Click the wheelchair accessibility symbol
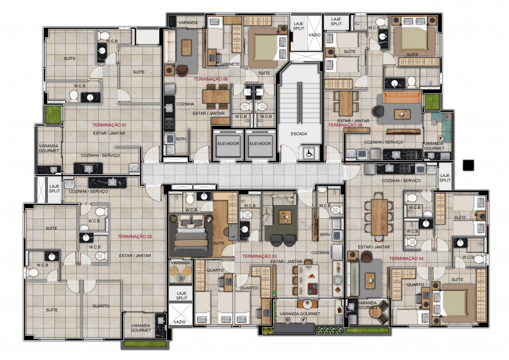309,153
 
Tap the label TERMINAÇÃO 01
109,125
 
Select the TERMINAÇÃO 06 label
211,79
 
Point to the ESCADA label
299,134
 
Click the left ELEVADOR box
228,144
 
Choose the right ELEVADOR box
260,144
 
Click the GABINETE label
230,64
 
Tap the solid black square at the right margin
468,165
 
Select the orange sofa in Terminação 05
402,97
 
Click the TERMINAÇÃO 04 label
406,258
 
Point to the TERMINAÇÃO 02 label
135,237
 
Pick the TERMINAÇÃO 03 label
260,256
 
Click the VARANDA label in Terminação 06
188,23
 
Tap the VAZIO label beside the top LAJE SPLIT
314,35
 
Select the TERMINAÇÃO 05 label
346,125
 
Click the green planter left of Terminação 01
53,114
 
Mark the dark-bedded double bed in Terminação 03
190,236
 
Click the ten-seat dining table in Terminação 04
379,217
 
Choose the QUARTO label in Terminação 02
101,306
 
